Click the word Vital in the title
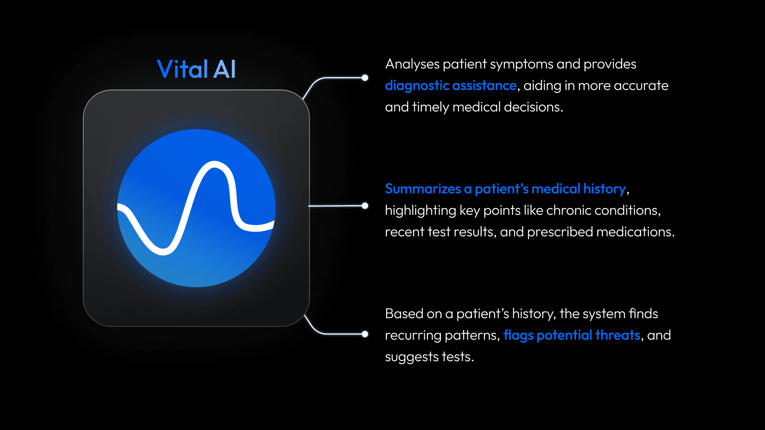182,69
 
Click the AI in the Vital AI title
225,69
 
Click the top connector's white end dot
365,78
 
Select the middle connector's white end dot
365,206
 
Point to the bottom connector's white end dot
365,334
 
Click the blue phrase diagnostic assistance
451,86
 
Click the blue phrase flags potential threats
572,335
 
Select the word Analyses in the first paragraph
412,64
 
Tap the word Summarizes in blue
423,189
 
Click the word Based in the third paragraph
404,314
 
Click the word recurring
413,336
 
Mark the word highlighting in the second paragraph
420,210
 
